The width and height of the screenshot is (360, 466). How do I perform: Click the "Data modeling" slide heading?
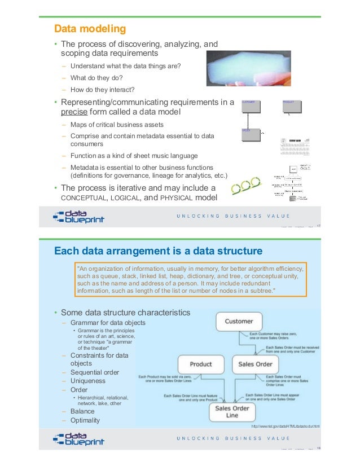(x=89, y=28)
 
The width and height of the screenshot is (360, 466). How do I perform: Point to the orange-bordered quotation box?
(x=190, y=279)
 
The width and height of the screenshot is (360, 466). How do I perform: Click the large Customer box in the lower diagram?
(x=239, y=322)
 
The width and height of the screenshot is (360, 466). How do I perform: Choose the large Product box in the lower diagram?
(x=200, y=364)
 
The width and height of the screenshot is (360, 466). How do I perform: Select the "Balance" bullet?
(x=82, y=412)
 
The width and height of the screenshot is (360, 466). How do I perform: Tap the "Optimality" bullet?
(x=85, y=420)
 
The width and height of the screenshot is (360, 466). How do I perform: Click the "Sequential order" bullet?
(x=95, y=372)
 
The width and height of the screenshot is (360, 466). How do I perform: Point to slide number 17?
(x=319, y=227)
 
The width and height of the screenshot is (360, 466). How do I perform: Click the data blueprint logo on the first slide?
(x=78, y=217)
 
